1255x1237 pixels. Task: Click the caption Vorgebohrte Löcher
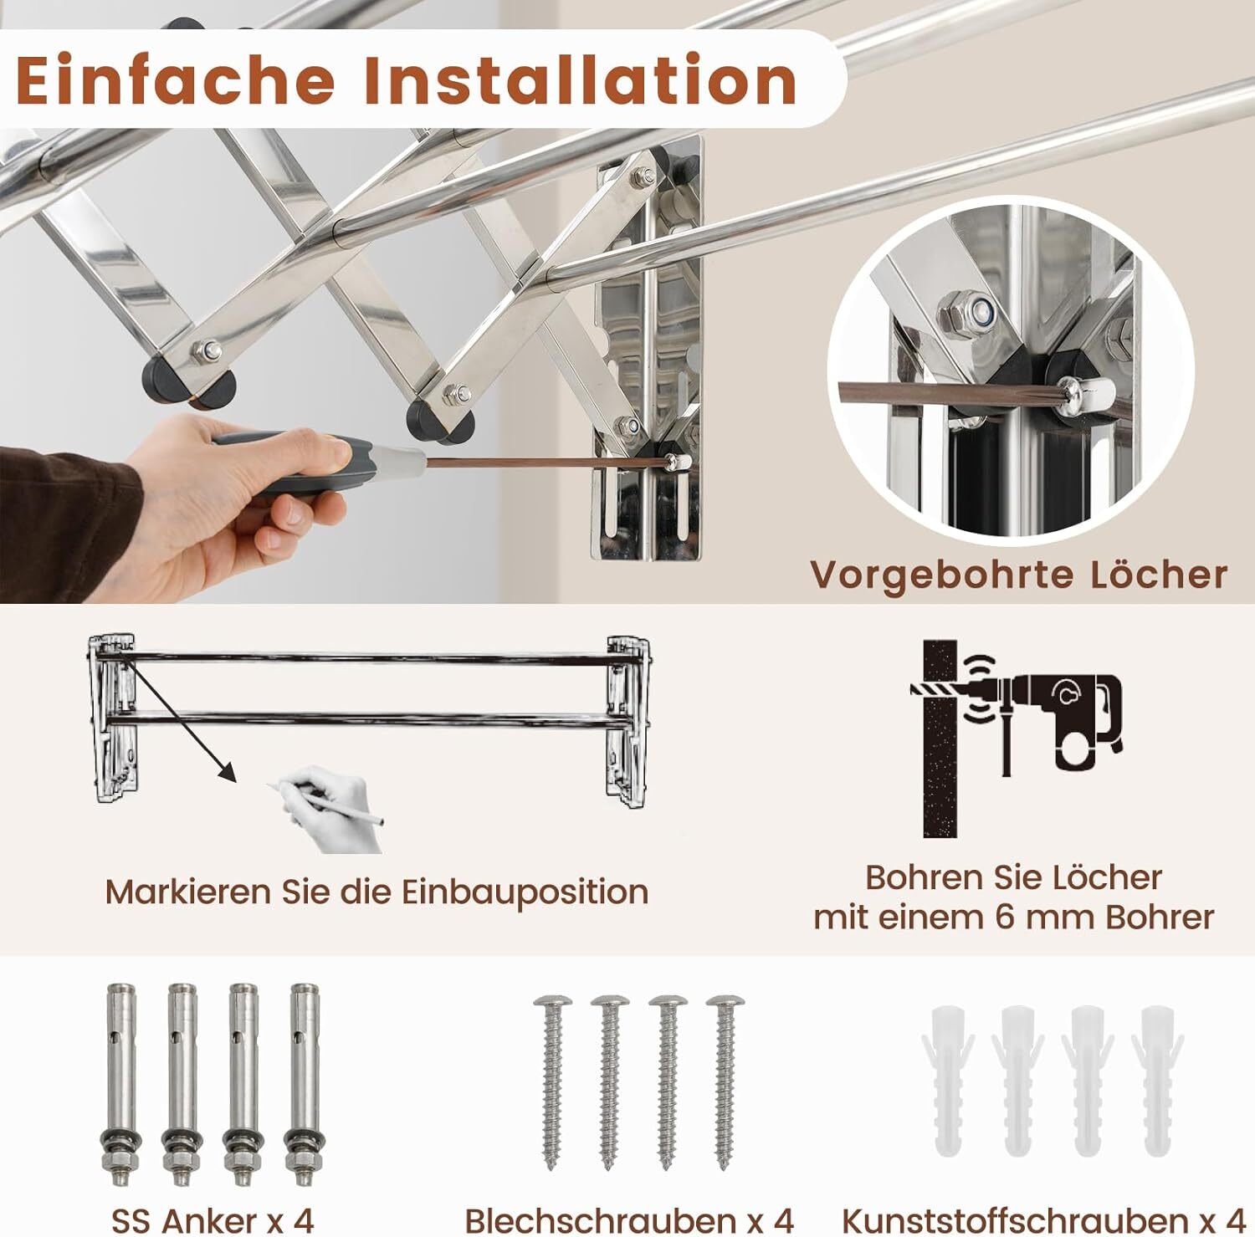pyautogui.click(x=1018, y=575)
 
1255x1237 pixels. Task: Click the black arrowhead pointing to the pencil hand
pyautogui.click(x=228, y=772)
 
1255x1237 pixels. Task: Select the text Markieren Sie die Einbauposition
pyautogui.click(x=376, y=892)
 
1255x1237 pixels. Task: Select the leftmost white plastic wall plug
pyautogui.click(x=948, y=1079)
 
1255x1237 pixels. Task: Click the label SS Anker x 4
pyautogui.click(x=213, y=1220)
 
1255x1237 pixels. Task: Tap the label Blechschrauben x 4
pyautogui.click(x=628, y=1220)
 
